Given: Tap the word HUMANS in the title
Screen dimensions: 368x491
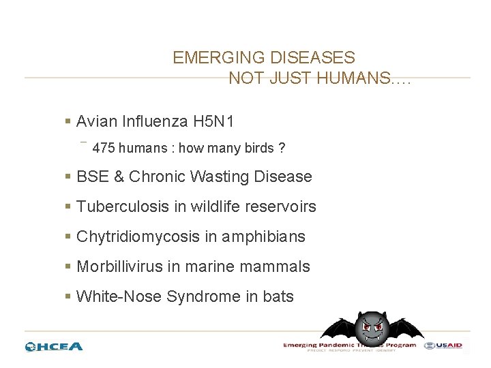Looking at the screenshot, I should tap(350, 78).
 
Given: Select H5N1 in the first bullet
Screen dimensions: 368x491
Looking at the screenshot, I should tap(213, 122).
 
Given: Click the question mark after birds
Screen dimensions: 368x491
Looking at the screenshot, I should tap(282, 148).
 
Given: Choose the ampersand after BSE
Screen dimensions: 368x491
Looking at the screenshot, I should tap(119, 177).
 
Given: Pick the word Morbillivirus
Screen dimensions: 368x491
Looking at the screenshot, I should tap(119, 266).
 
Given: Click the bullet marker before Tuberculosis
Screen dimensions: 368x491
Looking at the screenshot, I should tap(68, 206).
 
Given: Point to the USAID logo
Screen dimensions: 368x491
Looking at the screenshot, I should tap(443, 346).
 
